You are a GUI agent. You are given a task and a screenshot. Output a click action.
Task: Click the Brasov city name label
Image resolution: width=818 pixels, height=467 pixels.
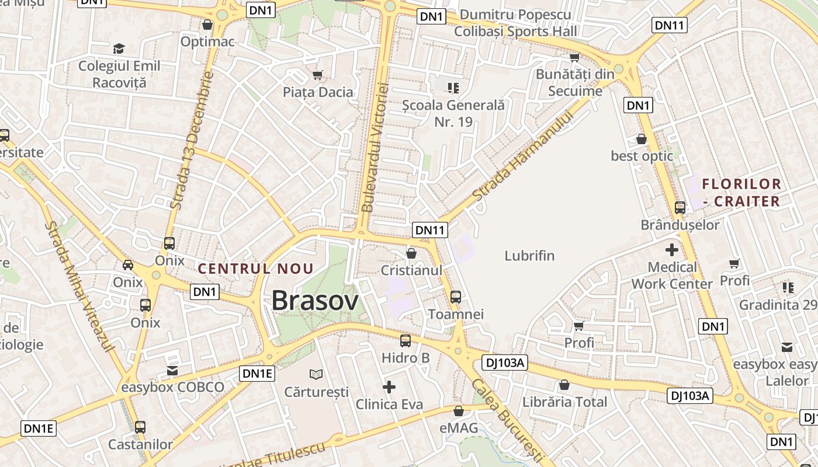(x=315, y=301)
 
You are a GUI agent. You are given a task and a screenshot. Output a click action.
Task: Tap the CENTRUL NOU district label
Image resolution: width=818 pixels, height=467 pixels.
(x=256, y=269)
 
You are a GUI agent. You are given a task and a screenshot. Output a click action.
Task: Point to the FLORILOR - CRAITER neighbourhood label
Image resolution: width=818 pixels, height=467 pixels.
(x=741, y=193)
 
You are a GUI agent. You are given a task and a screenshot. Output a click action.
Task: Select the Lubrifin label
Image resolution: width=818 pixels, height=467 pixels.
(x=529, y=256)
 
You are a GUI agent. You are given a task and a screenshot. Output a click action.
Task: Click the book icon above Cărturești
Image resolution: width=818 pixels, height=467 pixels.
(x=316, y=374)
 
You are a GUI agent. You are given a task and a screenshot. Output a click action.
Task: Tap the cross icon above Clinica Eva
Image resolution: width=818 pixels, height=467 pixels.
(x=389, y=386)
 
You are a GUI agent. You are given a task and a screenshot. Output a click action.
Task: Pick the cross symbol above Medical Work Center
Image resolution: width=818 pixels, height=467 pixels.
(x=672, y=250)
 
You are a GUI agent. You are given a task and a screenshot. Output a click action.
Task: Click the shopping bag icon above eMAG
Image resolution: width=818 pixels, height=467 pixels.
(x=459, y=411)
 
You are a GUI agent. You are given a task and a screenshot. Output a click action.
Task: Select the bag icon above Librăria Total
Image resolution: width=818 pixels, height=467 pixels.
(x=564, y=385)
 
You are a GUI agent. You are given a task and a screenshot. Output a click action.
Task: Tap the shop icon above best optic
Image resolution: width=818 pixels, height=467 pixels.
(x=642, y=139)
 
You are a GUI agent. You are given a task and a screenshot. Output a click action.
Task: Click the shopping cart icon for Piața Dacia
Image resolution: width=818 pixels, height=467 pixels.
(x=318, y=75)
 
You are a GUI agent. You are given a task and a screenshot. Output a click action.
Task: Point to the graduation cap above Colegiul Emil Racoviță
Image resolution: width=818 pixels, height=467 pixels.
(x=119, y=48)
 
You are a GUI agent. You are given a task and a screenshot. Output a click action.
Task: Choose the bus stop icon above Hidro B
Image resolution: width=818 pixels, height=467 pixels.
(x=405, y=340)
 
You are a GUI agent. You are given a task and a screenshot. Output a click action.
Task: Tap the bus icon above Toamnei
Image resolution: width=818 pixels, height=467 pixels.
(x=456, y=297)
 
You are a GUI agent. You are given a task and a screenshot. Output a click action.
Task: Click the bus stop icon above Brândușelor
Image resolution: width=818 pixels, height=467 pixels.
(x=680, y=207)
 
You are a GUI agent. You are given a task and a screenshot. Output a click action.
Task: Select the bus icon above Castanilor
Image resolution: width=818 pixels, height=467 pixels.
(x=140, y=427)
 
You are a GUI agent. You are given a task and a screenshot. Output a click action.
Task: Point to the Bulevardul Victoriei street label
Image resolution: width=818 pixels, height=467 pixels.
(x=375, y=147)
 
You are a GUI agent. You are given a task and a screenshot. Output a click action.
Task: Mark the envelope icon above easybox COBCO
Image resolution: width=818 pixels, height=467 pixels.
(x=172, y=370)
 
